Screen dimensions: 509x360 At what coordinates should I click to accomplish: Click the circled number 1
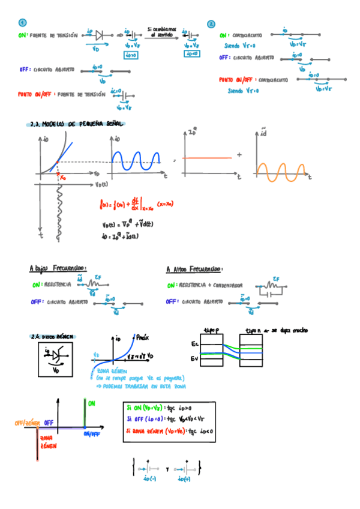[22, 23]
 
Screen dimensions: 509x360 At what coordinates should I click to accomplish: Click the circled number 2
[211, 25]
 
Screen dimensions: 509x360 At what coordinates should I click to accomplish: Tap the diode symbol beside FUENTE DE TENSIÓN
[100, 35]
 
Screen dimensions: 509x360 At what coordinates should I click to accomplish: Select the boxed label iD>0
[130, 55]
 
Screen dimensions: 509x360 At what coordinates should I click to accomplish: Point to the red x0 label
[61, 176]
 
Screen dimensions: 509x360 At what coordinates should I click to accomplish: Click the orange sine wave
[281, 170]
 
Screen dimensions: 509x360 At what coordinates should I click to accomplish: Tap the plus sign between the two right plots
[239, 155]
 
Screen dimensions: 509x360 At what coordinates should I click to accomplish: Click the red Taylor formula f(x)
[137, 205]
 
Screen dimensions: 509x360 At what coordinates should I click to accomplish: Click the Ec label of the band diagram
[194, 344]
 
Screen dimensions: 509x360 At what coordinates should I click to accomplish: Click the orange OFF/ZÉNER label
[27, 423]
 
